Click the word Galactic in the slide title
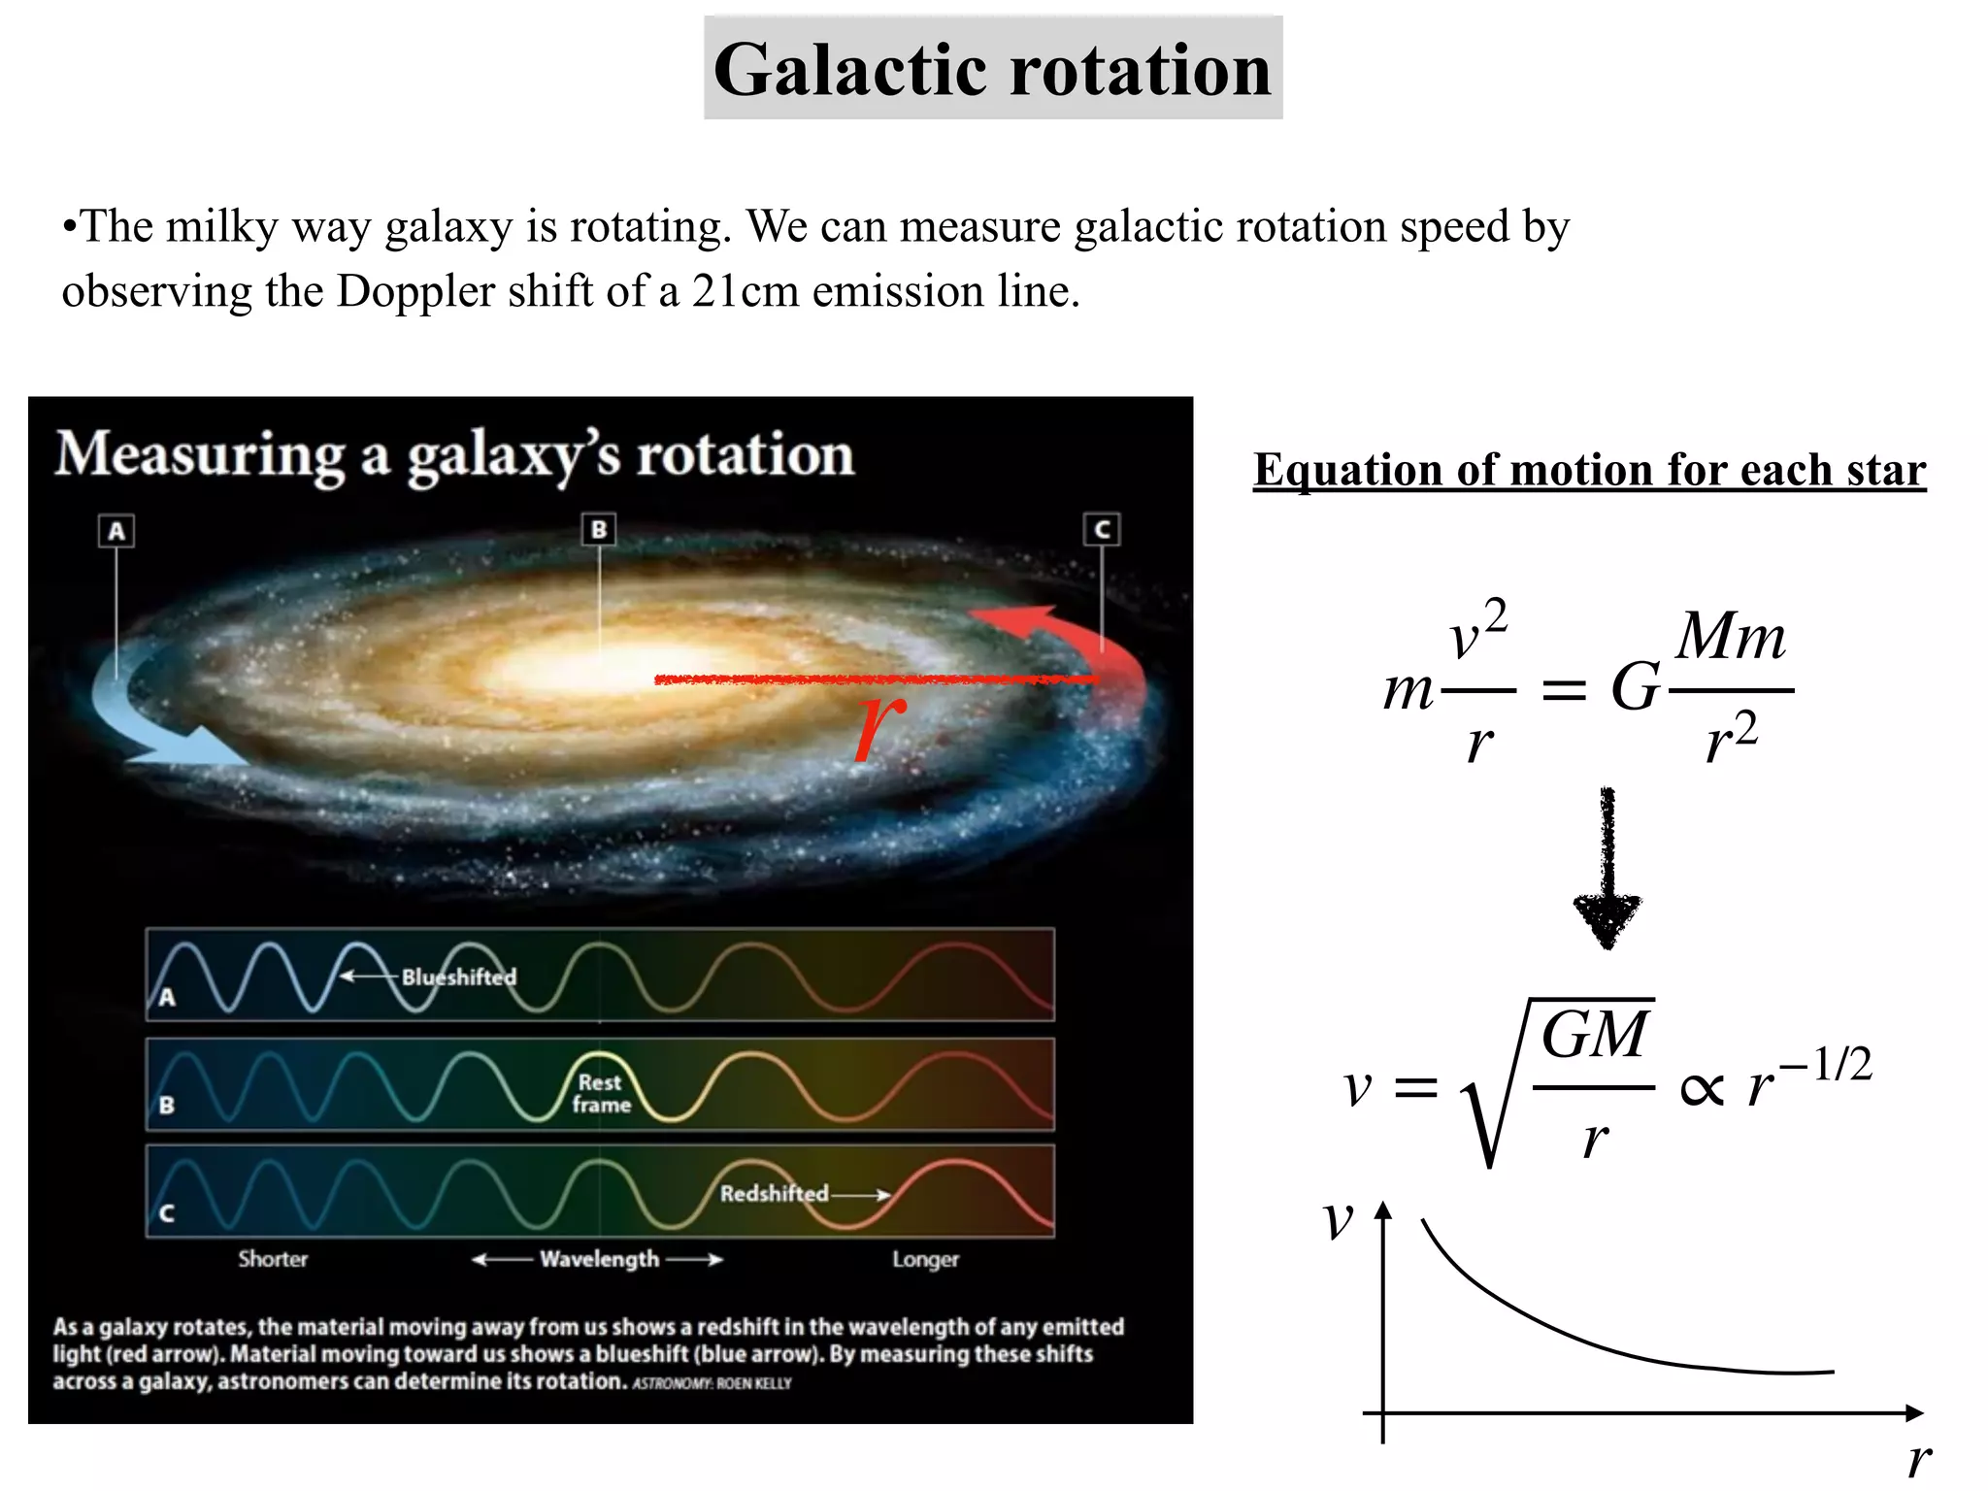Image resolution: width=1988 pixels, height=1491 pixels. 854,70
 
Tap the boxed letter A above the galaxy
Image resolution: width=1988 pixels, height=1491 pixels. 116,531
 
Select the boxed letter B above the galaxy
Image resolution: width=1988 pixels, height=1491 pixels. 599,529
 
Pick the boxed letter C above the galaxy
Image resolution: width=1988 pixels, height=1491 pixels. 1102,529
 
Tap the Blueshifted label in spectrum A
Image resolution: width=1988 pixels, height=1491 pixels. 458,977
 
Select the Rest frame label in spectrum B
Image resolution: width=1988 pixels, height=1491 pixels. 601,1093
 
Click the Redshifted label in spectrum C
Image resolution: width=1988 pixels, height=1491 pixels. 774,1193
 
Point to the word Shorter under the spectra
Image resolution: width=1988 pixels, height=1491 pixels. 273,1259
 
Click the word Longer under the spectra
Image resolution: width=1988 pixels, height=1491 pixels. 925,1259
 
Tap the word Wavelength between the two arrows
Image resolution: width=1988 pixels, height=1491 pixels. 599,1259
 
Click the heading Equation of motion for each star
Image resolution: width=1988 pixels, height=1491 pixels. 1589,470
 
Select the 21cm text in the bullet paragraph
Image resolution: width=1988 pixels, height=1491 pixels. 745,291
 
